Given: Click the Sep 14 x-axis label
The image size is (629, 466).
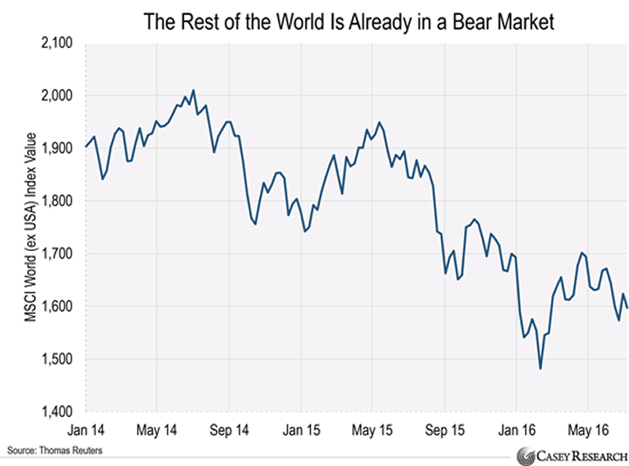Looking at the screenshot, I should pyautogui.click(x=229, y=430).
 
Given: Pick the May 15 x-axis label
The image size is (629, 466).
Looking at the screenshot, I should pyautogui.click(x=372, y=430).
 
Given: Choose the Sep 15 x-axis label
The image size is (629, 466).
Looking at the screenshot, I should pyautogui.click(x=445, y=430).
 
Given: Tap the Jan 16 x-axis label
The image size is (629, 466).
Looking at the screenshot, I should pyautogui.click(x=516, y=430).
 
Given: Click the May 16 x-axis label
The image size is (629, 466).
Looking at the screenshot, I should pyautogui.click(x=588, y=430).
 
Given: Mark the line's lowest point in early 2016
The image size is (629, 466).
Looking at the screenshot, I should pyautogui.click(x=541, y=369).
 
